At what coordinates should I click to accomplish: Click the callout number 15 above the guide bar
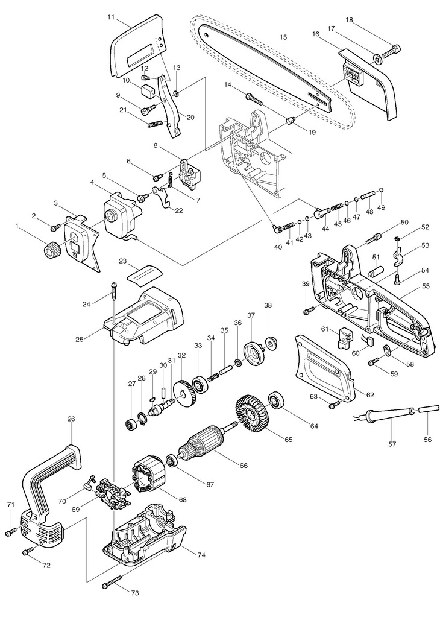(283, 37)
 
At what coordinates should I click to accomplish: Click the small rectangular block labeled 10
(148, 92)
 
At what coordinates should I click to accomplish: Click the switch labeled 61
(344, 339)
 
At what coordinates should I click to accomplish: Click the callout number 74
(201, 555)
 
